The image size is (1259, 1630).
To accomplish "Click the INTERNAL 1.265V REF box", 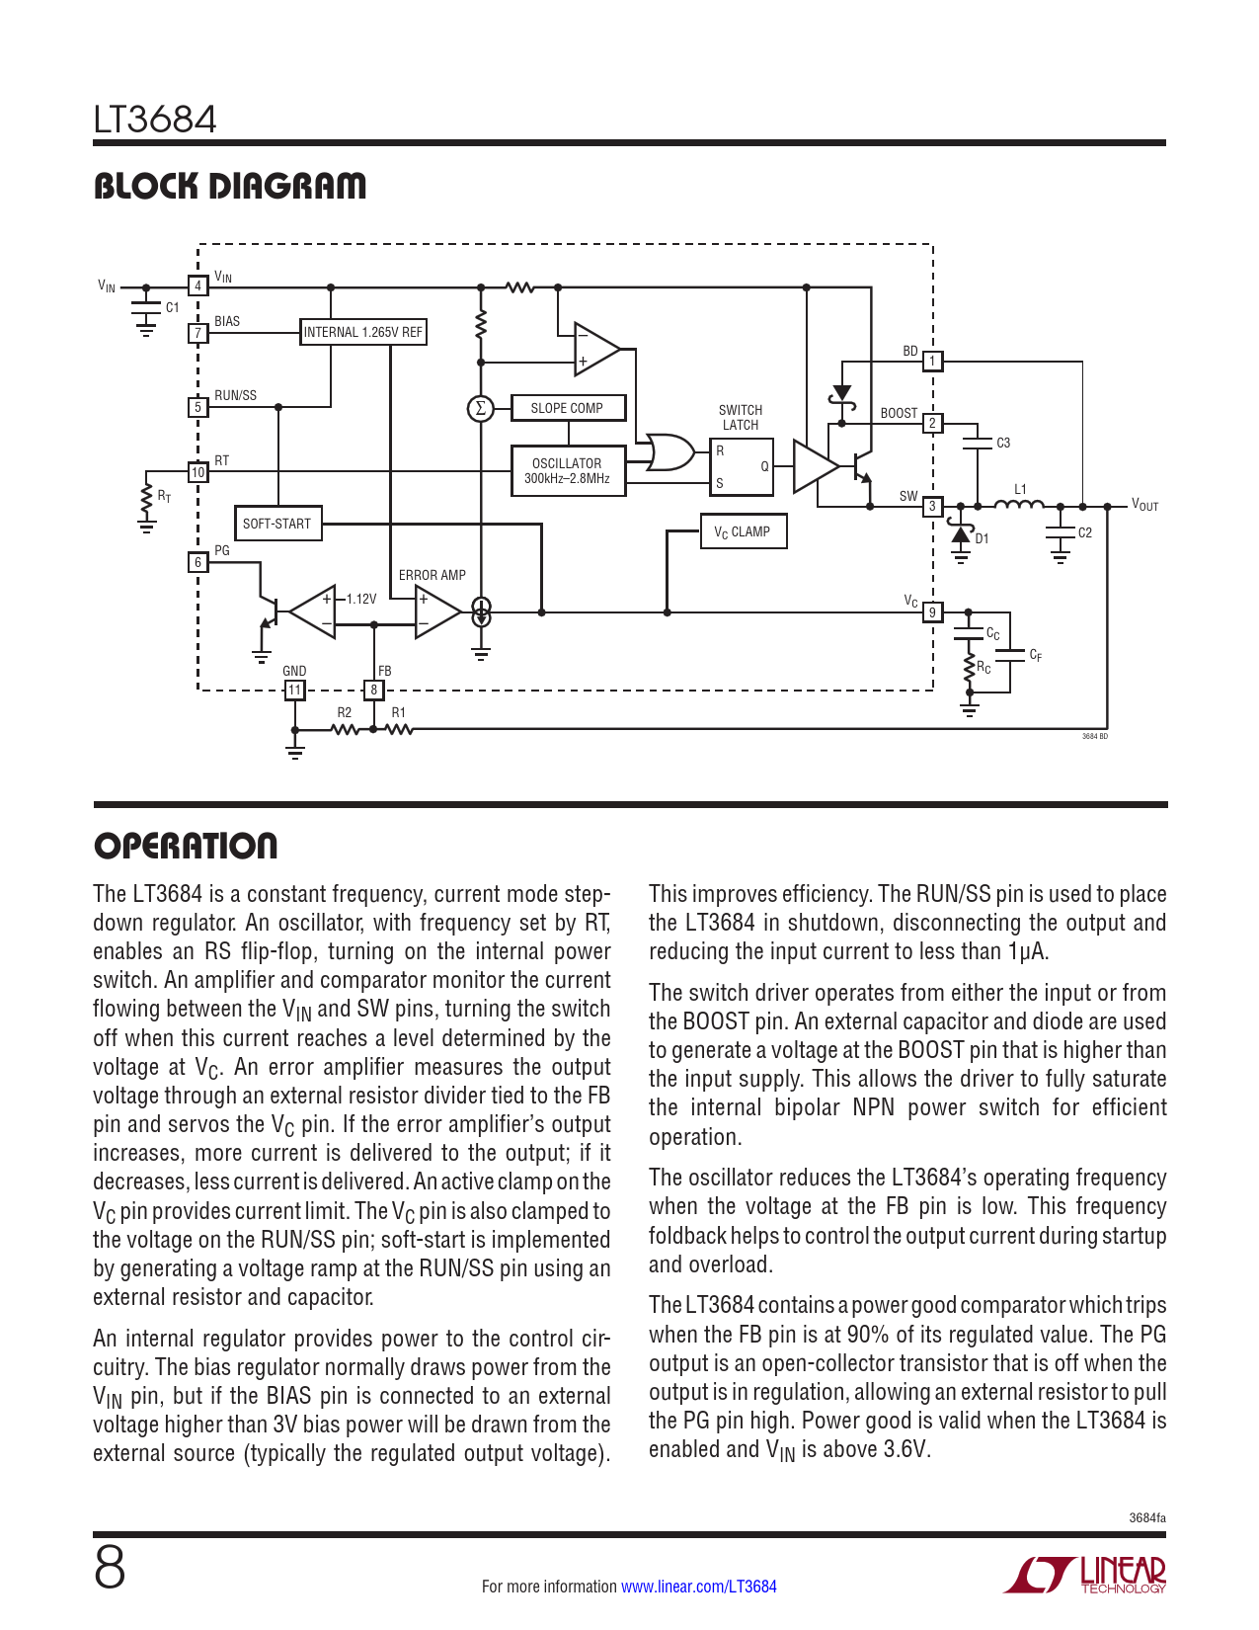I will tap(362, 332).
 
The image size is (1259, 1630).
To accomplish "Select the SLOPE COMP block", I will tap(567, 408).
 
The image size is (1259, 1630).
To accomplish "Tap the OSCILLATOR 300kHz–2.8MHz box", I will tap(567, 471).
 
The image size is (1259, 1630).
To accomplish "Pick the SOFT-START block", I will tap(276, 524).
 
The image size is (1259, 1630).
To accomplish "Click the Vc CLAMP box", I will tap(743, 531).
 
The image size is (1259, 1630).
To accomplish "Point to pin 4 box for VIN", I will tap(198, 286).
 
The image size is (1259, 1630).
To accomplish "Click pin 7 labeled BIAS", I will tap(198, 333).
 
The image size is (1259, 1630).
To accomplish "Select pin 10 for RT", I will tap(198, 472).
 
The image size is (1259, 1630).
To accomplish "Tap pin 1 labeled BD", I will tap(932, 362).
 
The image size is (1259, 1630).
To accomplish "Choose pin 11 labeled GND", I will tap(294, 690).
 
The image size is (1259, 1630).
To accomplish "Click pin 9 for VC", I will tap(932, 612).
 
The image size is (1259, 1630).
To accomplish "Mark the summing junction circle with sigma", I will tap(480, 408).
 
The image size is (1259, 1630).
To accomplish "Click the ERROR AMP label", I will tap(433, 575).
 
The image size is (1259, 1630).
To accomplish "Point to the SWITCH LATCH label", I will tap(741, 417).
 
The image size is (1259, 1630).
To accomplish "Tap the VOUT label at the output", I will tap(1145, 505).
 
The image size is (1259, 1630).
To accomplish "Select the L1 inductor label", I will tap(1020, 489).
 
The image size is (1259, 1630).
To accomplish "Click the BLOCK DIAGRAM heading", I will tap(230, 186).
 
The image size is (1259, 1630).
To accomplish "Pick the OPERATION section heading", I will tap(186, 846).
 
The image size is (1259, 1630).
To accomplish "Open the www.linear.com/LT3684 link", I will tap(699, 1587).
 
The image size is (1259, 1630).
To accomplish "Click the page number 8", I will tap(110, 1569).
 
